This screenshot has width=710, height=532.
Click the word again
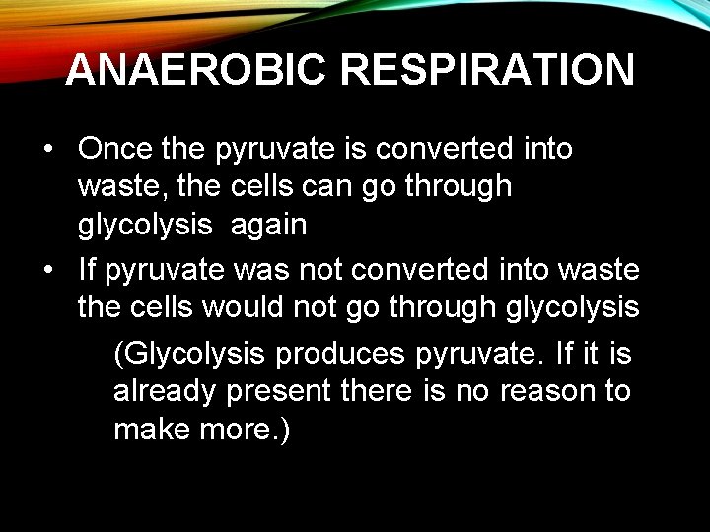[269, 225]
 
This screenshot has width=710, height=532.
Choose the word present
[283, 391]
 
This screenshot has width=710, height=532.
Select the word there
[380, 391]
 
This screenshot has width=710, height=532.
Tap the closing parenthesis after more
[285, 431]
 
